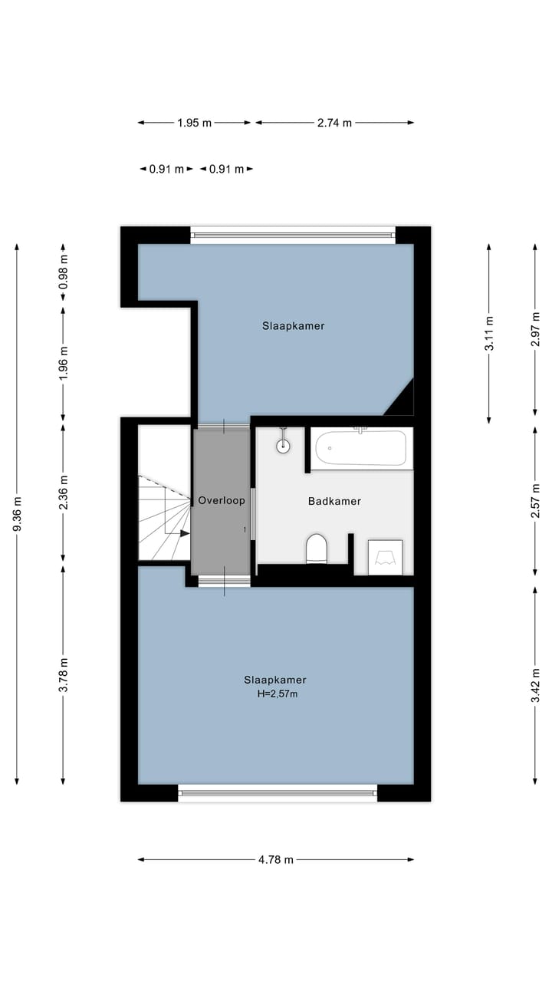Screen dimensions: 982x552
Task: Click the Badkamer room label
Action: (x=334, y=501)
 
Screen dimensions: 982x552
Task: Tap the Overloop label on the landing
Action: (x=222, y=500)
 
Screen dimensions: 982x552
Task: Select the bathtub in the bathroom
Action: (x=361, y=447)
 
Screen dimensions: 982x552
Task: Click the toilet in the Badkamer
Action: (x=317, y=549)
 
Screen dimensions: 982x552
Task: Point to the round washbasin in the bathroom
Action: (x=284, y=446)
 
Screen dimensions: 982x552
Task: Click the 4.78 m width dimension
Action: (x=275, y=860)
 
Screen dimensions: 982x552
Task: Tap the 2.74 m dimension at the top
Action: (x=334, y=123)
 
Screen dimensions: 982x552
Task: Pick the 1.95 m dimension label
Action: (x=194, y=123)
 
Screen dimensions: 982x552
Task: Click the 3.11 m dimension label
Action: (x=488, y=334)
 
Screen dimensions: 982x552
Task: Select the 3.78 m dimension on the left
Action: (x=63, y=675)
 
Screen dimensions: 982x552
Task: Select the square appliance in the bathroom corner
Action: (x=385, y=557)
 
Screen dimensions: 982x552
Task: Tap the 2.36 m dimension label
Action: (x=63, y=493)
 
